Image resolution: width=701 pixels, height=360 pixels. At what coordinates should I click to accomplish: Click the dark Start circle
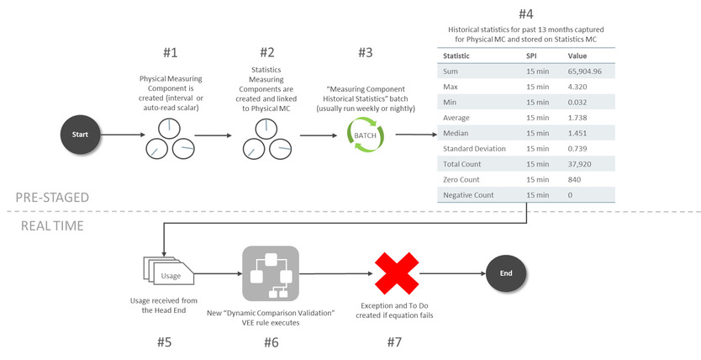click(x=81, y=134)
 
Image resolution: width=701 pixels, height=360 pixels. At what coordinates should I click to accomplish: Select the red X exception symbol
click(x=397, y=273)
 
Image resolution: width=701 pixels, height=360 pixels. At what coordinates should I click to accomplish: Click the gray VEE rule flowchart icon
click(x=271, y=273)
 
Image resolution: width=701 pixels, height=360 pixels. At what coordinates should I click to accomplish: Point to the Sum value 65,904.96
click(x=590, y=72)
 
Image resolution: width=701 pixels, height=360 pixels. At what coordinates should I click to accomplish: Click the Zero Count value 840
click(x=576, y=179)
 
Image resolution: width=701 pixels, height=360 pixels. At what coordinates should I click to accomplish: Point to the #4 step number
click(x=526, y=14)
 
